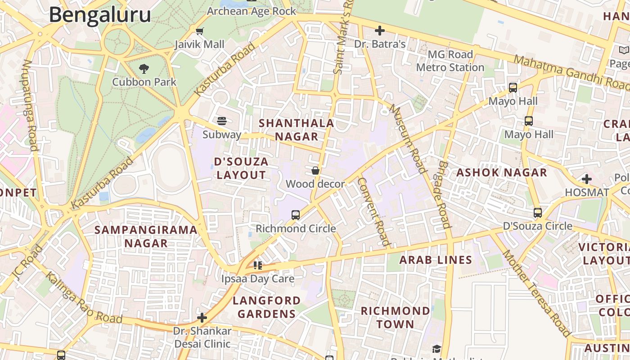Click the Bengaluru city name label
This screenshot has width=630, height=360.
tap(100, 15)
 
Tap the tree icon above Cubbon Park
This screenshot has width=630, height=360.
tap(144, 69)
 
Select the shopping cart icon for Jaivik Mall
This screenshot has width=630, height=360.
tap(199, 31)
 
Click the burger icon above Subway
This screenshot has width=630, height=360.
tap(222, 121)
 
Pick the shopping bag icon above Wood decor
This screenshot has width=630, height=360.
tap(315, 171)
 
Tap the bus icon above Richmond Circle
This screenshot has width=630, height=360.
tap(295, 215)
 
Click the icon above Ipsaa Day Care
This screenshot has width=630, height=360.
tap(257, 265)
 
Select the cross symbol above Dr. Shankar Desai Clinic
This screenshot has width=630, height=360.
tap(202, 318)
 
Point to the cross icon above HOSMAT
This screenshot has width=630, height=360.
tap(587, 179)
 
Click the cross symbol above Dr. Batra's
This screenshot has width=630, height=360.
tap(380, 31)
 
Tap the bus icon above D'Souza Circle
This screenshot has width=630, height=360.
tap(537, 213)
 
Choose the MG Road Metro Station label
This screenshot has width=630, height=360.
tap(450, 61)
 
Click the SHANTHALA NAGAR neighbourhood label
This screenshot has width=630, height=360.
tap(297, 130)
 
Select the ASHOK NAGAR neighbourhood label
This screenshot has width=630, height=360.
tap(502, 172)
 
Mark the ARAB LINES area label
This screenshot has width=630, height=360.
tap(436, 260)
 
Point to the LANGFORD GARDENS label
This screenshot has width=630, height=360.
tap(266, 307)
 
